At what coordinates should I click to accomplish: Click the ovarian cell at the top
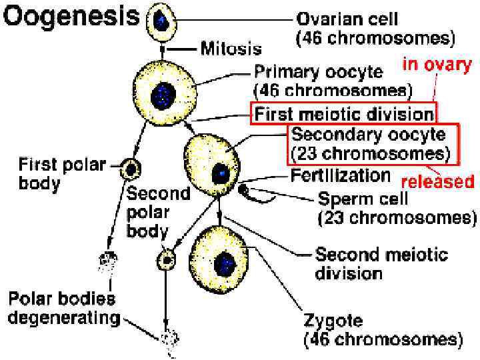coord(161,21)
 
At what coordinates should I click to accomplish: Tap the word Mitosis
coord(232,48)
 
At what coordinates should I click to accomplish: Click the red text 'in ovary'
coord(437,64)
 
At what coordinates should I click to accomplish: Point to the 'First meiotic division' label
coord(343,113)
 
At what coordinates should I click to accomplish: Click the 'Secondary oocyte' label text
coord(369,134)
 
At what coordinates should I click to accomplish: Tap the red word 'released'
coord(437,181)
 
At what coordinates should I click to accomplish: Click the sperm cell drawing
coord(245,191)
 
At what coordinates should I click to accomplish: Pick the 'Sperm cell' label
coord(362,199)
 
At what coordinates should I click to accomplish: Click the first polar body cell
coord(129,170)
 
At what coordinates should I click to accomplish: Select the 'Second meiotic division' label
coord(381,263)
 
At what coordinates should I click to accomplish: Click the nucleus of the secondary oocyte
coord(219,173)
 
